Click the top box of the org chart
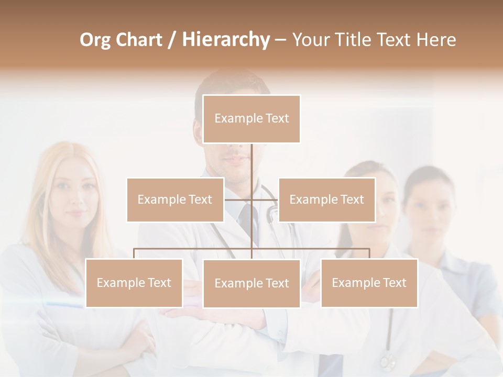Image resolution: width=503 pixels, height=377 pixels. [251, 119]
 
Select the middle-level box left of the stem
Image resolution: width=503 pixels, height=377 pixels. [175, 199]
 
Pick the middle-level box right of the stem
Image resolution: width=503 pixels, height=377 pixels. [326, 199]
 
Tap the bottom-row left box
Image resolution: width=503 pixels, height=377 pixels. [134, 283]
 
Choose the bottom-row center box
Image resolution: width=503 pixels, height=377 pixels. [251, 283]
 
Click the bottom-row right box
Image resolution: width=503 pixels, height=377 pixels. [369, 283]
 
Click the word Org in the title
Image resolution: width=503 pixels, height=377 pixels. [95, 40]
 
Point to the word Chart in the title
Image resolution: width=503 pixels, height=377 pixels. [139, 40]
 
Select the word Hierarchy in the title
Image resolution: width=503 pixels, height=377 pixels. [225, 40]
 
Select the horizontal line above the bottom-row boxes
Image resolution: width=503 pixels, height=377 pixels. [194, 249]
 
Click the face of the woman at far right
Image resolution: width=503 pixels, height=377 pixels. [431, 209]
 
